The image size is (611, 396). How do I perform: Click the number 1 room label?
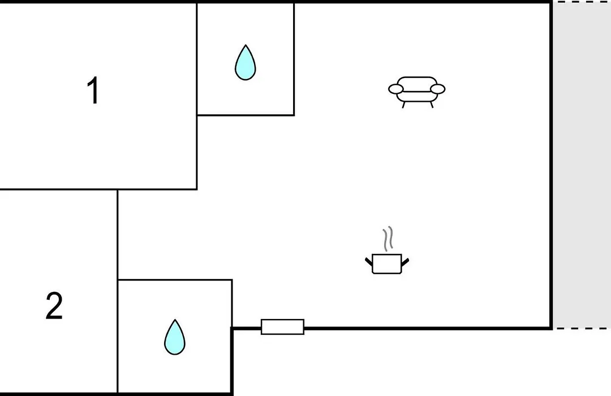coord(93,91)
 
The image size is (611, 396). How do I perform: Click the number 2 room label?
coord(54,306)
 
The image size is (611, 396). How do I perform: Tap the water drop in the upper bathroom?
coord(246,62)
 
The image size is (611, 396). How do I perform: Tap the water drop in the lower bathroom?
coord(175,337)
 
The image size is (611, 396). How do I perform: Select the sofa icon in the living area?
coord(416,92)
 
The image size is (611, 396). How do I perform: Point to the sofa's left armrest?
coord(395,89)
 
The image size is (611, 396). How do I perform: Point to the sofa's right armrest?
coord(437,89)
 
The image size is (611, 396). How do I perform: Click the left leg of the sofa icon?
coord(403,105)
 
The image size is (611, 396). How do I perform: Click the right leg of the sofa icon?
coord(431,105)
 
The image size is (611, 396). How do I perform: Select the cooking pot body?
coord(387,264)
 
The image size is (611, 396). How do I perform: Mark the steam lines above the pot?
coord(388,239)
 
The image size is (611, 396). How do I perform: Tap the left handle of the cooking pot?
coord(369,262)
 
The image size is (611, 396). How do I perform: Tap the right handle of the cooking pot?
coord(405,262)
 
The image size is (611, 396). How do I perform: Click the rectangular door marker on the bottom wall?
coord(282,327)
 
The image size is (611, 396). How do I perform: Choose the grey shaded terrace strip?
coord(582,165)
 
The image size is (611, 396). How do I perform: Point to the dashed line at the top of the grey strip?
coord(582,2)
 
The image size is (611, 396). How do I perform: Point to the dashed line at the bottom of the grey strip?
coord(582,328)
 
